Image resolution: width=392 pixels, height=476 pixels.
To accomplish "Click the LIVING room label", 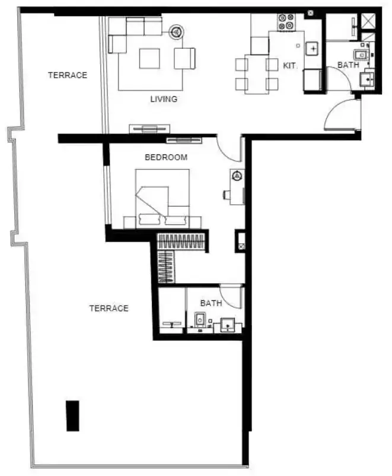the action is click(164, 99).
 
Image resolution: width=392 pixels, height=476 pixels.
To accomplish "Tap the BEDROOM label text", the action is click(166, 157).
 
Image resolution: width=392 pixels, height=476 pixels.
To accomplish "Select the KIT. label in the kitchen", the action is click(291, 65).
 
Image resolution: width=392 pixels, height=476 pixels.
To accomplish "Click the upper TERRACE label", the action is click(68, 75).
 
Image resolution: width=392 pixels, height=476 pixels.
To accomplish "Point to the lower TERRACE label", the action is click(109, 309).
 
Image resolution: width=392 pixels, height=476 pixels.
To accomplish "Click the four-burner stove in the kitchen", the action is click(286, 22).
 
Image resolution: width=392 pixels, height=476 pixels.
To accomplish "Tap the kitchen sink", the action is click(312, 49).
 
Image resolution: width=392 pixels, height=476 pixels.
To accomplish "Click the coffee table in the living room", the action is click(149, 59).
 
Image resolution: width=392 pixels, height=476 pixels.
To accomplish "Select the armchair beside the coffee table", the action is click(184, 58).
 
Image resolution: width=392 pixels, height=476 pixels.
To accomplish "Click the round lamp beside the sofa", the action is click(176, 31).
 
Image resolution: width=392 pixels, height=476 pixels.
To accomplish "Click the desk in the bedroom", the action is click(237, 187).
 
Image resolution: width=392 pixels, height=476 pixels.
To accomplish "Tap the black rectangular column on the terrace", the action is click(73, 416).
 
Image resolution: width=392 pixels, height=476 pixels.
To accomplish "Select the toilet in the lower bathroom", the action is click(200, 320).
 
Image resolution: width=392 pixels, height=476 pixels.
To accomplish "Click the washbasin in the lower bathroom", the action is click(228, 325).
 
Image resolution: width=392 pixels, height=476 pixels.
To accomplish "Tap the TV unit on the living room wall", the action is click(149, 129).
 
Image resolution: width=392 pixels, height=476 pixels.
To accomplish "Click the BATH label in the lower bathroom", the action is click(211, 303).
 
